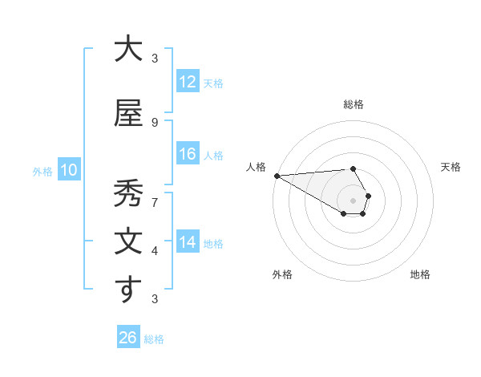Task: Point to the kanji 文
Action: [x=127, y=241]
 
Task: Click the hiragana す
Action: [x=127, y=290]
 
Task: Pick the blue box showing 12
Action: [x=187, y=82]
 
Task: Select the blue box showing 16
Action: [x=187, y=154]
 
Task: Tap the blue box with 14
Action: [x=187, y=242]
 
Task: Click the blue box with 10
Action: [x=68, y=170]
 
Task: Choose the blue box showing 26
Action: [x=127, y=338]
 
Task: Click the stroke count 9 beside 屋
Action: [x=155, y=122]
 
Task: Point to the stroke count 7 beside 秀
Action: [x=155, y=202]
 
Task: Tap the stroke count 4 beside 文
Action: [x=155, y=251]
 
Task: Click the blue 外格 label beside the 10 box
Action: [x=42, y=171]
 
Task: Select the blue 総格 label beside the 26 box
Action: [x=154, y=339]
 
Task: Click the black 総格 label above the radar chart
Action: [x=353, y=104]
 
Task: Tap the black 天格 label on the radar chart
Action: [x=451, y=167]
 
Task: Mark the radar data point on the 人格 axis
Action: [x=277, y=176]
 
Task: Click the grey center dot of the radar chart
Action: [x=353, y=201]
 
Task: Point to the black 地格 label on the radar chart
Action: [x=420, y=274]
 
